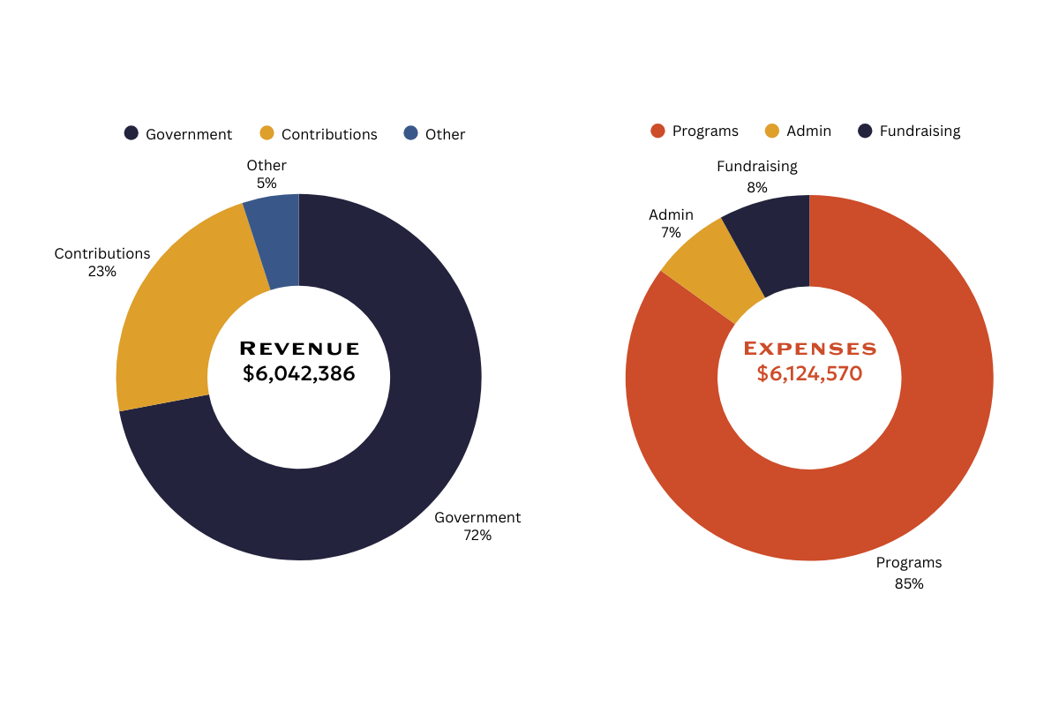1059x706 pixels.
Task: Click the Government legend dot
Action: pos(131,133)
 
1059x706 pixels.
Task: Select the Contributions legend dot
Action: pos(267,133)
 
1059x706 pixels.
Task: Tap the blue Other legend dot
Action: pos(411,133)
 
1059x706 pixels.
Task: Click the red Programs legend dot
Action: pos(657,131)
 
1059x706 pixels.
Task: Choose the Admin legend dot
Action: pos(772,131)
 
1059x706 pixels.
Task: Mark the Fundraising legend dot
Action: pos(865,131)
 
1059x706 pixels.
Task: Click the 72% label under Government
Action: pos(477,536)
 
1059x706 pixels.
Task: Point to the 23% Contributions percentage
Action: pos(102,272)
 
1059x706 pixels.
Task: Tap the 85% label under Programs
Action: pos(909,583)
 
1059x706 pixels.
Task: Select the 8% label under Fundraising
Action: pos(757,187)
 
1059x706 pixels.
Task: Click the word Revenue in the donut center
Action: pos(299,349)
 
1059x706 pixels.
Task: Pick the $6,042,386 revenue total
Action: pos(299,373)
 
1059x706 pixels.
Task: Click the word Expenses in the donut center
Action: pos(810,349)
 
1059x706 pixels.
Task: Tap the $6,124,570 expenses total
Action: pos(809,373)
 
